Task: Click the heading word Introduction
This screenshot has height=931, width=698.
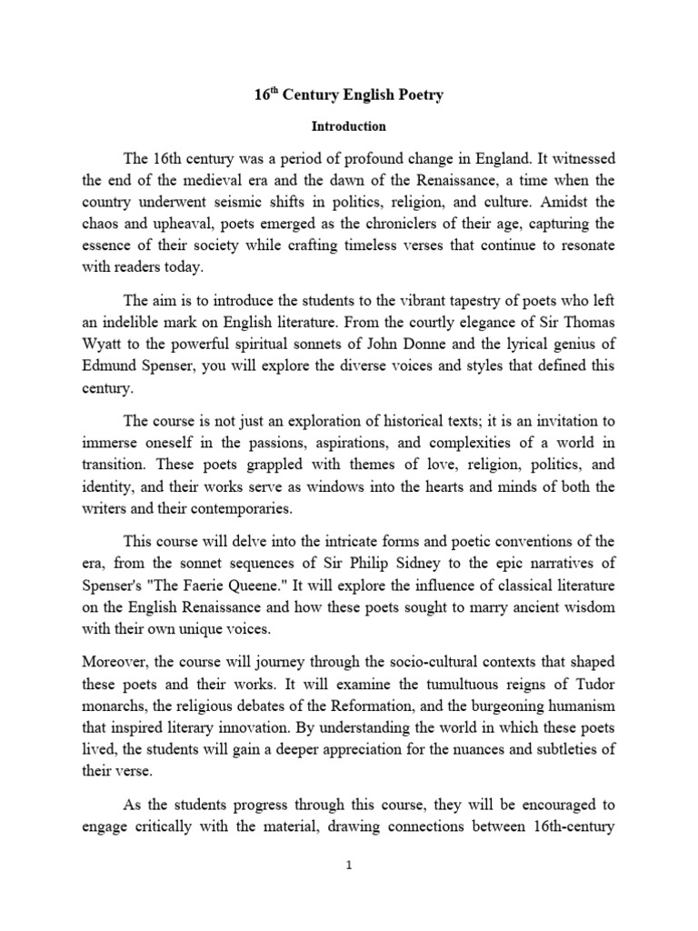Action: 349,126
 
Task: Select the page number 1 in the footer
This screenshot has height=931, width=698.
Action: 348,866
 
